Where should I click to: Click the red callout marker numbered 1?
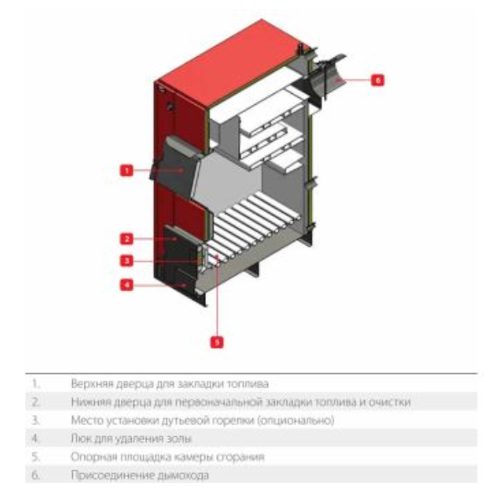pos(127,170)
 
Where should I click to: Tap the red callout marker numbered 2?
pos(127,239)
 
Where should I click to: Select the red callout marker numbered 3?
pos(127,261)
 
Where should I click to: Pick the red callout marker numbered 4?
pos(127,284)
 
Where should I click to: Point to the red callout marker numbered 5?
pos(217,342)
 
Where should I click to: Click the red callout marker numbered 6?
pos(378,80)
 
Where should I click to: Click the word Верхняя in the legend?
pos(91,384)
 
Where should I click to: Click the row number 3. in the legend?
pos(35,421)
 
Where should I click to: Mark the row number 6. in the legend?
pos(35,475)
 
